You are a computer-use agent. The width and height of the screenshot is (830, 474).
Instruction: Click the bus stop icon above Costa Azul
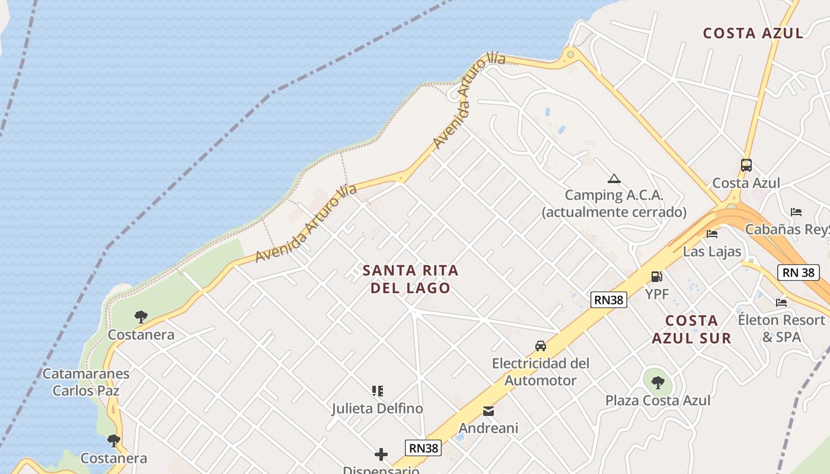coord(746,165)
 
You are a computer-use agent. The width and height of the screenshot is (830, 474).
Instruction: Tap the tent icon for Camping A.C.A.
coord(614,178)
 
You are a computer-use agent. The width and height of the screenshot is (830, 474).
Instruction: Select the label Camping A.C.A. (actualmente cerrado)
coord(614,203)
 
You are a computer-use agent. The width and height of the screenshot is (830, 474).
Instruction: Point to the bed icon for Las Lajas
coord(712,233)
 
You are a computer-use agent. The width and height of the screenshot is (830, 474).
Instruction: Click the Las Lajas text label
coord(712,251)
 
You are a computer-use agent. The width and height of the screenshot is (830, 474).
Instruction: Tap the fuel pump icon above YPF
coord(656,276)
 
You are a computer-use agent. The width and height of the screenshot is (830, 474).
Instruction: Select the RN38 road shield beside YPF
coord(609,300)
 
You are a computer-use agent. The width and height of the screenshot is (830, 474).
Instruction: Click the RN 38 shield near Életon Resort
coord(798,273)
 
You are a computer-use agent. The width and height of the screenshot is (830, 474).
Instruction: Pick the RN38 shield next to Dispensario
coord(424,448)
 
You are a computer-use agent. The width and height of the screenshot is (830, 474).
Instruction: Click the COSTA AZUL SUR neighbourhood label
coord(691,329)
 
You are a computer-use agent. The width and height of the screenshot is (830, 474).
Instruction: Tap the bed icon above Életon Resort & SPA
coord(781,302)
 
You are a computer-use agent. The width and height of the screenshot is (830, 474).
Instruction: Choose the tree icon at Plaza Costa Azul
coord(657,382)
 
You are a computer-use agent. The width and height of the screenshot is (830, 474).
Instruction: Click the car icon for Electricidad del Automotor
coord(540,345)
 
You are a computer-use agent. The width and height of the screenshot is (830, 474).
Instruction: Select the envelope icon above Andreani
coord(488,411)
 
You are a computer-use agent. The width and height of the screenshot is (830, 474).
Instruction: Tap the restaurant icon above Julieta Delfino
coord(377,391)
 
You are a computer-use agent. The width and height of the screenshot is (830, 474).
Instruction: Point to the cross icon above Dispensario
coord(381,454)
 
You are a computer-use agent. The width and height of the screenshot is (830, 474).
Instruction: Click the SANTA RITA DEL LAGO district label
coord(410,279)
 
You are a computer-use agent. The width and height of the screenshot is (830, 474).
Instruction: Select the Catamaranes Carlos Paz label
coord(86,382)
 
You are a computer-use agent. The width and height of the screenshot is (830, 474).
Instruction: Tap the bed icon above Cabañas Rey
coord(796,212)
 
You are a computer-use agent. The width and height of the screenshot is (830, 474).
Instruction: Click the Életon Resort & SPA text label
coord(781,328)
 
